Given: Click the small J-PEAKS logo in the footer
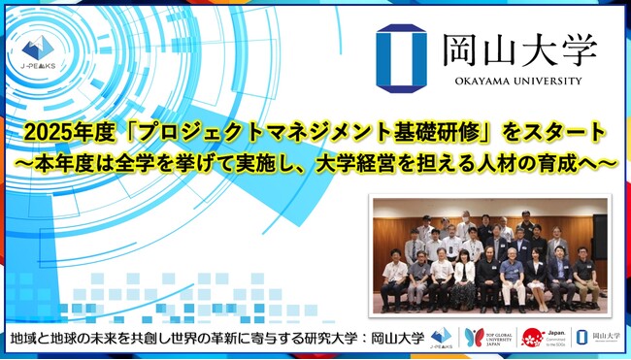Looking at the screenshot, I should click(442, 335).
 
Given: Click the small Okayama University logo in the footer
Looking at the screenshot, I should click(597, 336).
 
